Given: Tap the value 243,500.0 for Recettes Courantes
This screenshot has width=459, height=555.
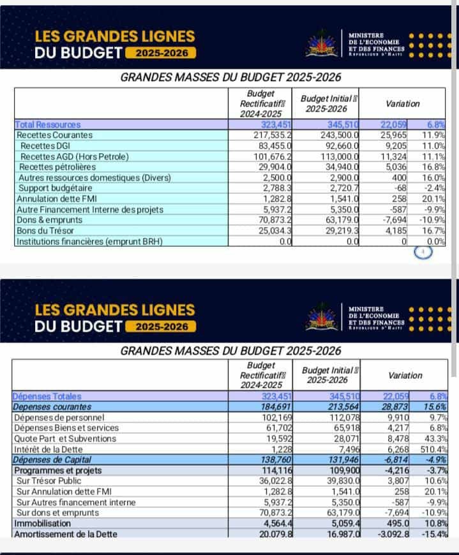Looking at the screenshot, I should (x=339, y=135).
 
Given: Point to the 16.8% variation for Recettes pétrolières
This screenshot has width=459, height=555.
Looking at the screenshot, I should (x=433, y=167).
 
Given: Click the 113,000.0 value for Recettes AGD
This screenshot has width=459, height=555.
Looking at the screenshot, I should (x=339, y=156).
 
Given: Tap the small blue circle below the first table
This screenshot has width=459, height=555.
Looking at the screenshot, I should (x=423, y=252).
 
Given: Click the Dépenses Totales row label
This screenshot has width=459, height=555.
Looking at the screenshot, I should (x=47, y=397).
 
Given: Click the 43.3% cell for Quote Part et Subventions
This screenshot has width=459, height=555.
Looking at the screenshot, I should (x=433, y=439).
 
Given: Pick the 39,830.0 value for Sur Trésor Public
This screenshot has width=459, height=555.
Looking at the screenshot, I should (x=339, y=480).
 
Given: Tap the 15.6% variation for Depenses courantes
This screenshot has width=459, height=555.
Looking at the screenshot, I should (x=433, y=407).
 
